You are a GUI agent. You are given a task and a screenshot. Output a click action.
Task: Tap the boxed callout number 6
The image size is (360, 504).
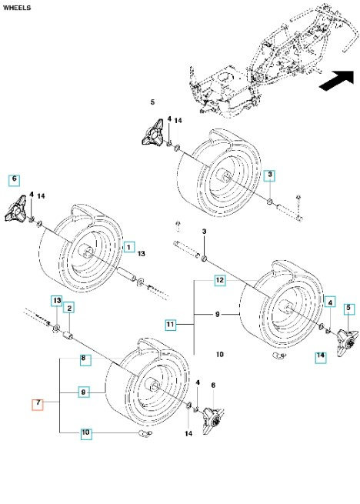pos(13,180)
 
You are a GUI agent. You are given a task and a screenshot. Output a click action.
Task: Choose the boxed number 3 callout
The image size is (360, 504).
pos(269,175)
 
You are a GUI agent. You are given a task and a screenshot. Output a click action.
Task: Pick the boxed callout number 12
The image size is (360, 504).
pos(219,281)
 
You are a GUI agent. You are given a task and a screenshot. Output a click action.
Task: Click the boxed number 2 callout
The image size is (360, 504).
pos(69,309)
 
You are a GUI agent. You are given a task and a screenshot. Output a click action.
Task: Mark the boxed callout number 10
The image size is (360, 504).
pos(87,434)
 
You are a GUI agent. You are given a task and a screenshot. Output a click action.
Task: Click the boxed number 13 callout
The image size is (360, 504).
pos(56,299)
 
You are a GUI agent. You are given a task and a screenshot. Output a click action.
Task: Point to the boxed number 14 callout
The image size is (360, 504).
pos(320,356)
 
